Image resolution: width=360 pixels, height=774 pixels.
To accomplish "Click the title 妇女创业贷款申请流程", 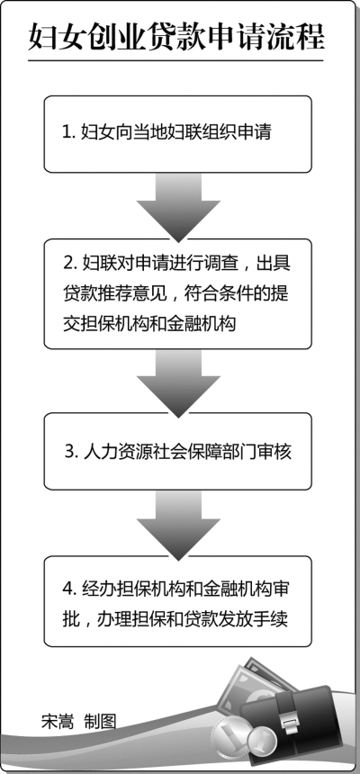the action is (x=175, y=38).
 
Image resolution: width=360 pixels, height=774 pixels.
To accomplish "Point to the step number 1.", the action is (x=67, y=133).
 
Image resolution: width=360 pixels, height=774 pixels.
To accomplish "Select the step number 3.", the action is (x=69, y=452).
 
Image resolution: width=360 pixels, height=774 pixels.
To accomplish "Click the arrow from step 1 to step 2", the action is (x=178, y=206).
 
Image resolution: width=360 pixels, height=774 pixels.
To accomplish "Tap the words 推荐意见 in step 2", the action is (x=135, y=294).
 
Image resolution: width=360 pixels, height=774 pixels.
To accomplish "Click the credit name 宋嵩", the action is (x=58, y=721).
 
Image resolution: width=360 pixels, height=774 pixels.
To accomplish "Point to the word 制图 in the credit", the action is (x=100, y=721).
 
